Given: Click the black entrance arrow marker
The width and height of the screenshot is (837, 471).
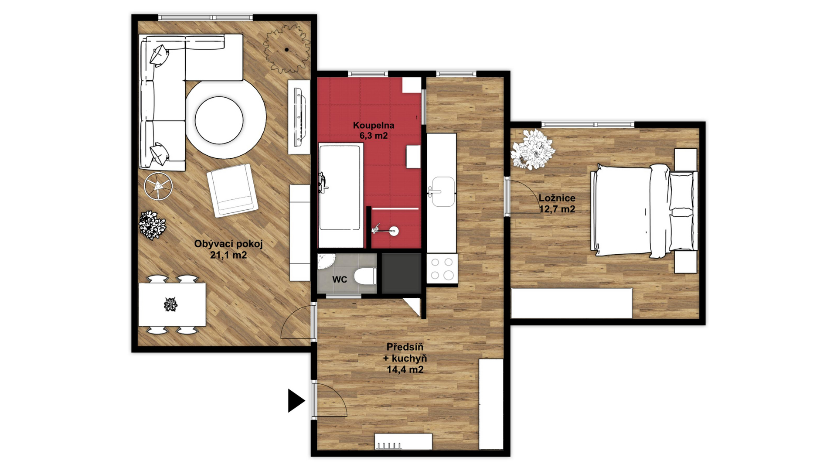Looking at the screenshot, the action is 296,400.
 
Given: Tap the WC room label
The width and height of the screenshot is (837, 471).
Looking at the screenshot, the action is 340,280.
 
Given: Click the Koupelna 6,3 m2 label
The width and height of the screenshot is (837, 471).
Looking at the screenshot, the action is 374,130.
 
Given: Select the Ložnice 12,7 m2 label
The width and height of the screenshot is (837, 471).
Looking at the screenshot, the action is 557,203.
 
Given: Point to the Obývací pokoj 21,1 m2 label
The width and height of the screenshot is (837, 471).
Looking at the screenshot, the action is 228,249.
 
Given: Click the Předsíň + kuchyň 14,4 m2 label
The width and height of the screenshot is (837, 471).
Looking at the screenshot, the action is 405,358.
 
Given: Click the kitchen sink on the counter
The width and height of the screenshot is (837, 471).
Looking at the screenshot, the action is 442,191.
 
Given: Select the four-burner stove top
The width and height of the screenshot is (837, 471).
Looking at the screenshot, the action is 442,269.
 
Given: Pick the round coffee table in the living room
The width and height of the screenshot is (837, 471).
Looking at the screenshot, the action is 219,120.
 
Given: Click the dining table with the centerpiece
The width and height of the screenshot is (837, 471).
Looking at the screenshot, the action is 172,304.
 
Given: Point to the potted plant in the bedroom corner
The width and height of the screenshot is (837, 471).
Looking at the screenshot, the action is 533,149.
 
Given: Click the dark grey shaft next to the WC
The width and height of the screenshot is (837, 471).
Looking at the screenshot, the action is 401,273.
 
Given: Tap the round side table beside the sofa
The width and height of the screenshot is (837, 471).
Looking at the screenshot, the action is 158,186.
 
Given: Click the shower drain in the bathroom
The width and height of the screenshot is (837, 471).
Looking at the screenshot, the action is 394,231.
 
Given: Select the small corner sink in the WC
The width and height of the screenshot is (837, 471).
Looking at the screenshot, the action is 325,262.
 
